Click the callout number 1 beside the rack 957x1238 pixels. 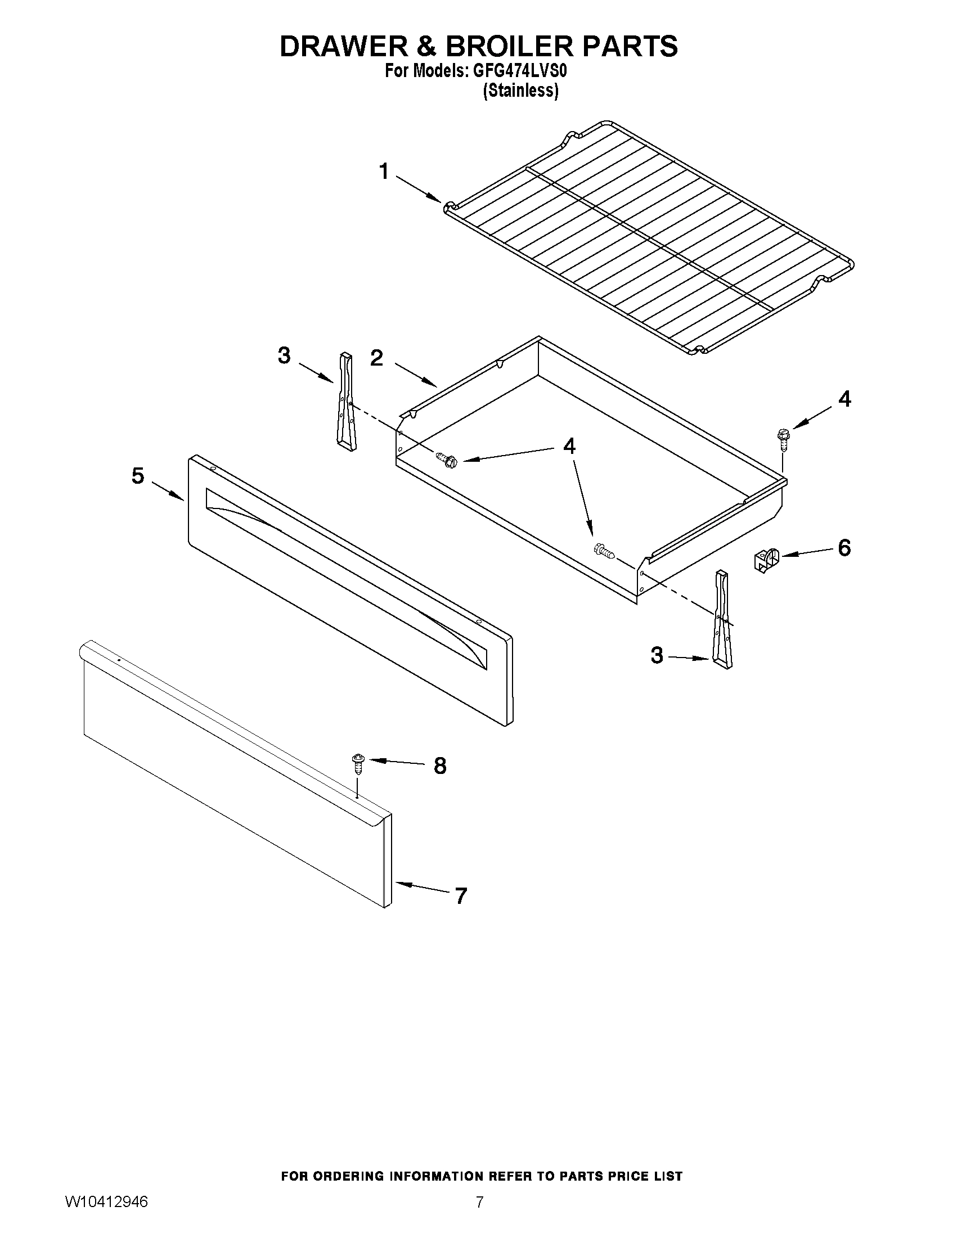coord(384,171)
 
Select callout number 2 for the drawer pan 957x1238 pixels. coord(377,358)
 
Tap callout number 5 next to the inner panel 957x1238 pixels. coord(138,476)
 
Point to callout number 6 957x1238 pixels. coord(844,548)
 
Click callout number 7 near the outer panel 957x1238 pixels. coord(460,896)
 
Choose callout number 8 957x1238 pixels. coord(440,766)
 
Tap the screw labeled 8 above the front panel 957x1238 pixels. coord(358,763)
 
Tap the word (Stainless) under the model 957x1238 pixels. coord(520,91)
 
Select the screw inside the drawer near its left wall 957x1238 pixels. coord(447,458)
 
